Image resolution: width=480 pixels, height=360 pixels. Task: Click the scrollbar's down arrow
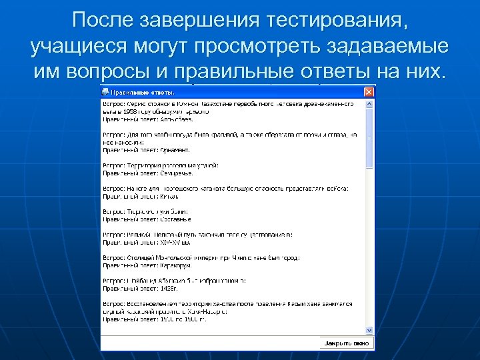tap(369, 329)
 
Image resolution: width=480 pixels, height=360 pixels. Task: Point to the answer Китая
tap(169, 196)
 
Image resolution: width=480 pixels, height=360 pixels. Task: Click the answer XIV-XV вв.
tap(175, 242)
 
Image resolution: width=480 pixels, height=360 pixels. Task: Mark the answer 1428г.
tap(169, 288)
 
